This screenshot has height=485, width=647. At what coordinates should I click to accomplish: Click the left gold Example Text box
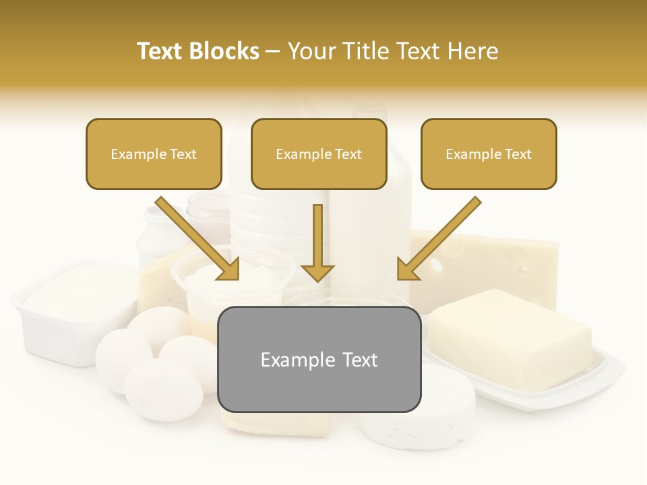point(154,154)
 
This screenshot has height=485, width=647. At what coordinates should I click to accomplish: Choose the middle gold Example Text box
point(319,154)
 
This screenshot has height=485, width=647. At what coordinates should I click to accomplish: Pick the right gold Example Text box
point(489,154)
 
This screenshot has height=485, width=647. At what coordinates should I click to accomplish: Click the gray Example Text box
point(319,360)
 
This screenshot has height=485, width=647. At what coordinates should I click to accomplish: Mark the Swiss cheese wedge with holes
point(499,263)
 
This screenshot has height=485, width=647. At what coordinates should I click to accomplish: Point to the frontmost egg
point(163,389)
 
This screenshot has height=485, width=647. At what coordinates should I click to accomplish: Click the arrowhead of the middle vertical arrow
point(317,272)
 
